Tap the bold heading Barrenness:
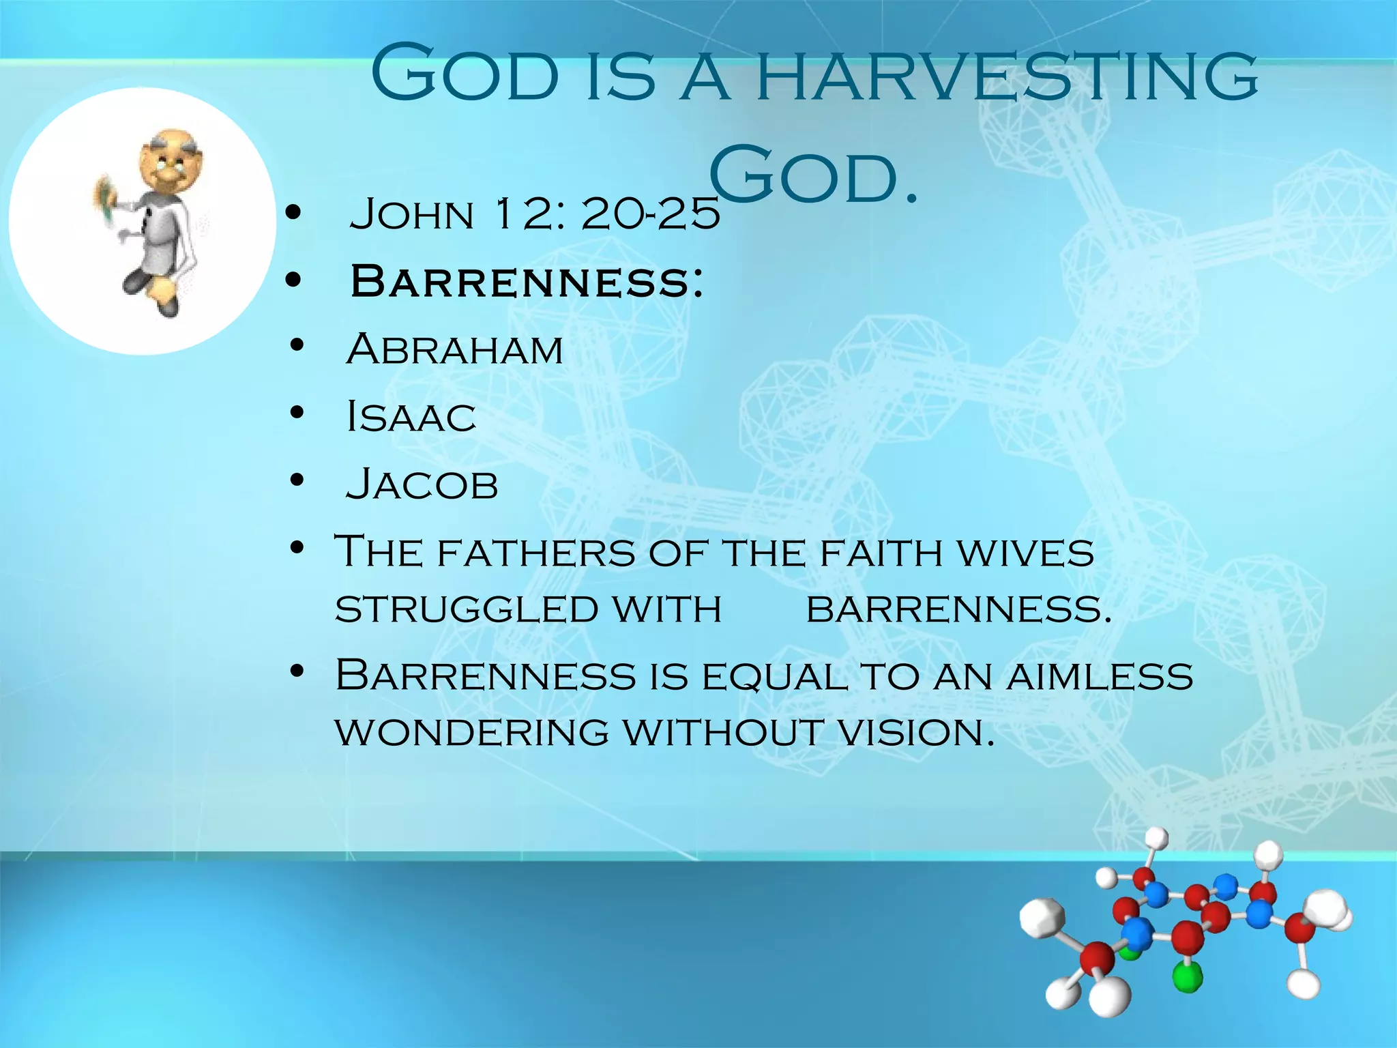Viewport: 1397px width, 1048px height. pos(526,281)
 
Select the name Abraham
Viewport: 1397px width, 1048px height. pos(454,349)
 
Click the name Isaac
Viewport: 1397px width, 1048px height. pos(411,417)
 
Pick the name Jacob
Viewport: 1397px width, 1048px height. pos(422,484)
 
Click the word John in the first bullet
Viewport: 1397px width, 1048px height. pos(411,214)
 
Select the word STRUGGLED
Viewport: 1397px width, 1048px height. pos(467,609)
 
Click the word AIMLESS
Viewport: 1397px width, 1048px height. pos(1100,676)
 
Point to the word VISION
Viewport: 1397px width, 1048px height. pos(914,733)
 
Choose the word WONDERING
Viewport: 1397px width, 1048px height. pos(472,733)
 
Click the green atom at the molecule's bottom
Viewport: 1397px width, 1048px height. pos(1188,976)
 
